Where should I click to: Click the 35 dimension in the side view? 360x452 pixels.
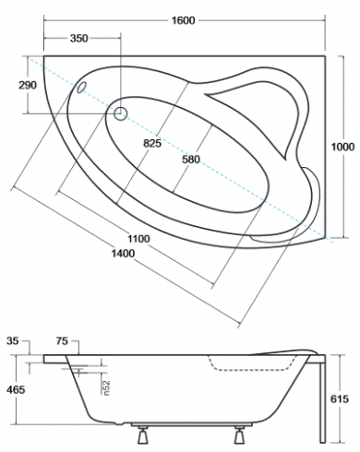click(x=12, y=341)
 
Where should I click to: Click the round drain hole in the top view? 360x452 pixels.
click(x=121, y=113)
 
